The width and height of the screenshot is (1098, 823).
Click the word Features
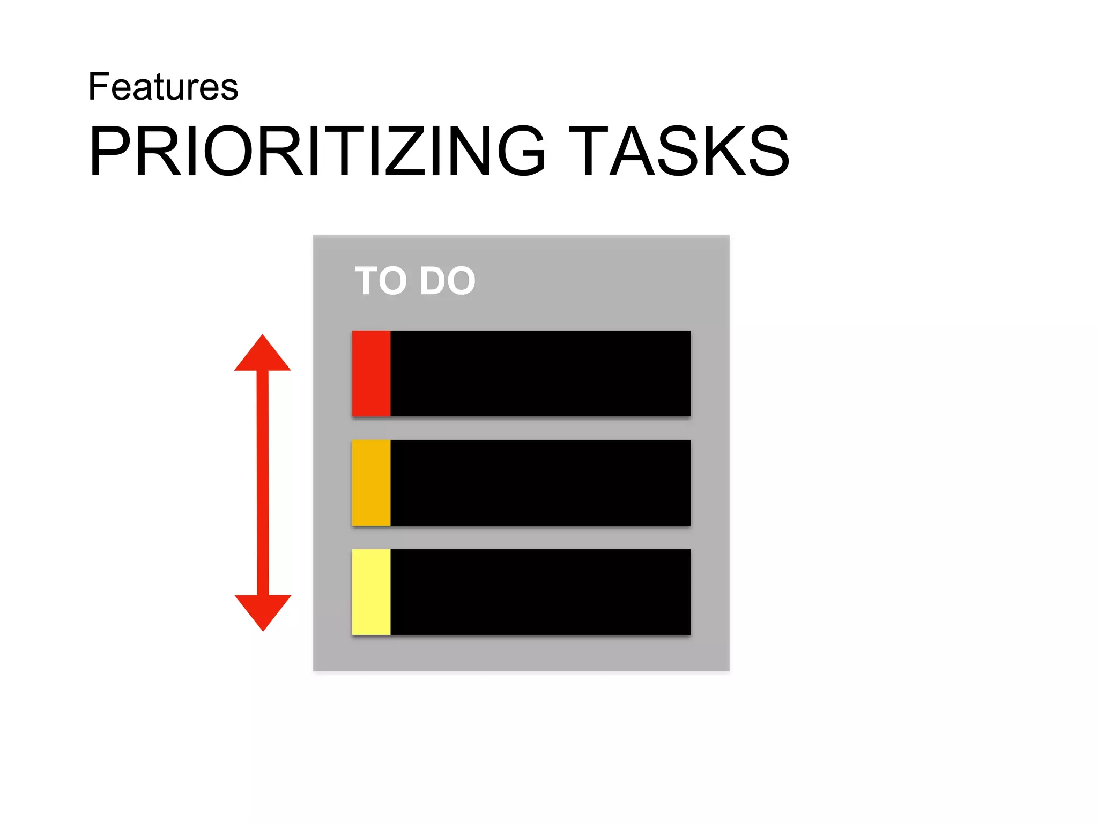[x=163, y=87]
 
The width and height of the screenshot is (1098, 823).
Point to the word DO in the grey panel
[x=447, y=281]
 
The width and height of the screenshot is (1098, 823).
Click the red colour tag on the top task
[x=371, y=373]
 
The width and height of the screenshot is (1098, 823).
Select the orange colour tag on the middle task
[x=371, y=483]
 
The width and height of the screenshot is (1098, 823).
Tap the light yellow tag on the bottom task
[x=371, y=592]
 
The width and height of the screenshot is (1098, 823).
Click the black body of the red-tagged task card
[x=540, y=373]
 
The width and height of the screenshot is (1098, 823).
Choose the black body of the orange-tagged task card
[x=540, y=483]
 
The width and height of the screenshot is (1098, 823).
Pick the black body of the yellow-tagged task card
[x=540, y=592]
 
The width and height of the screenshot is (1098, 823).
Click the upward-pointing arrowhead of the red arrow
[x=263, y=356]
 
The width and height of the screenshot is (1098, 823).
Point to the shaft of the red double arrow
[x=263, y=482]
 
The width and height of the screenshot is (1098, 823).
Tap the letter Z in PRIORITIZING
[x=404, y=151]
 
